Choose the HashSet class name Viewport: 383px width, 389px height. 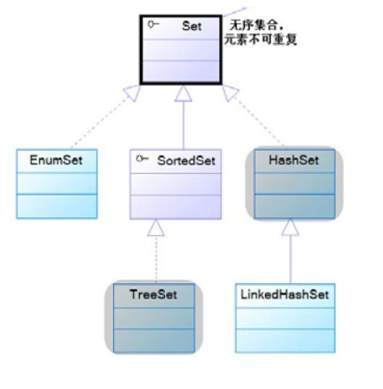point(294,160)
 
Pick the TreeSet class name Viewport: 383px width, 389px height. point(152,294)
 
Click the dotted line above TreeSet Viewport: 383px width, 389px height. point(155,256)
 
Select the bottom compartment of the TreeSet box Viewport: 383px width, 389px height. point(153,339)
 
